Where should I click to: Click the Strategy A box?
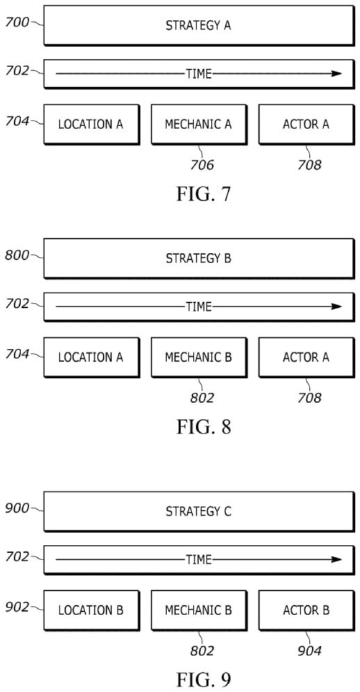point(199,25)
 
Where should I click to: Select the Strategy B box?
point(199,258)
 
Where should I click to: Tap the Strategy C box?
point(199,511)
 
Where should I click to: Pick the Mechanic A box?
point(199,124)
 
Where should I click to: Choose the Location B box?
point(91,611)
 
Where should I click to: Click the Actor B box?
point(306,611)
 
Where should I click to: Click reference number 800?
point(17,255)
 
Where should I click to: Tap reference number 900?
point(17,508)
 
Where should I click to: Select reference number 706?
point(202,165)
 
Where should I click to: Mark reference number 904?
point(309,651)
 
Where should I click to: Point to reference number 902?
point(17,607)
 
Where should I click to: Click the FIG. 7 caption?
point(204,194)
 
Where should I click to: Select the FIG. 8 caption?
point(204,427)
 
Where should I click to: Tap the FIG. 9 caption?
point(204,679)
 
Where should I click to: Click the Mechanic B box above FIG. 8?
point(199,357)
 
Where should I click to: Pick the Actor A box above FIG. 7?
point(306,124)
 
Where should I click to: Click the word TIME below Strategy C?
point(199,560)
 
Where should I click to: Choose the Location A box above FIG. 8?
point(91,357)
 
